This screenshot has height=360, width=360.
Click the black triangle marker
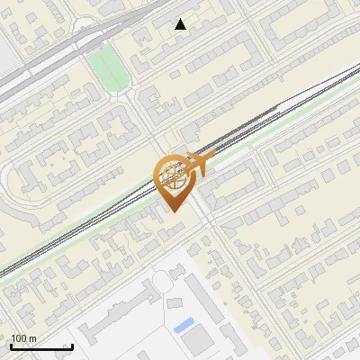tap(181, 24)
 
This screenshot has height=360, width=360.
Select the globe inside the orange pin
tap(173, 176)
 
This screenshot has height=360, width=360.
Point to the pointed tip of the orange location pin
tap(173, 212)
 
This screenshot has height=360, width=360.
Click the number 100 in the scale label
tap(19, 338)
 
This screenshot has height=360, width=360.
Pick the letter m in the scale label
tap(32, 338)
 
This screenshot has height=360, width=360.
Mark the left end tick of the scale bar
tap(11, 346)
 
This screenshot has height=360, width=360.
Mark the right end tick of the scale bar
tap(72, 346)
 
